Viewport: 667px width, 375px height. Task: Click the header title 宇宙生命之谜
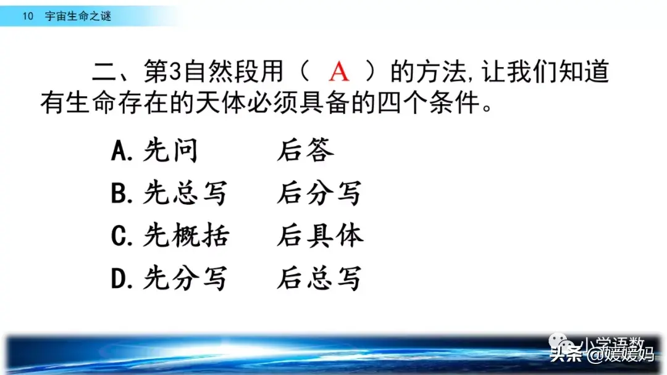tap(78, 17)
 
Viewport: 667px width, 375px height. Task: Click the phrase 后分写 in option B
tap(319, 194)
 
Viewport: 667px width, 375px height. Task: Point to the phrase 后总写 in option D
tap(319, 279)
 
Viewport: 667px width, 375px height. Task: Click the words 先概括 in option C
tap(185, 236)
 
